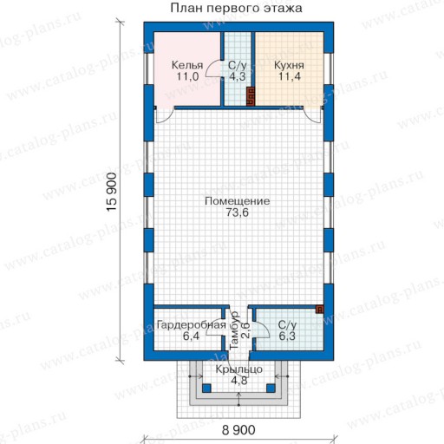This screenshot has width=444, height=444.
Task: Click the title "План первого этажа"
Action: click(x=236, y=8)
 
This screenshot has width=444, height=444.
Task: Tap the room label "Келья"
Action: click(x=187, y=65)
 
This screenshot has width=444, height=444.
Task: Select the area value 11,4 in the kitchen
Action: click(x=290, y=76)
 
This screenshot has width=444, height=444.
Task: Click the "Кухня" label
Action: click(x=289, y=65)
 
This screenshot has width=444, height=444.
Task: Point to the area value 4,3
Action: click(x=238, y=76)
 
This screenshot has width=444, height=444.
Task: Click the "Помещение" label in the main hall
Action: click(x=238, y=201)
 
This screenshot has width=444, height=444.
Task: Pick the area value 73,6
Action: click(x=238, y=212)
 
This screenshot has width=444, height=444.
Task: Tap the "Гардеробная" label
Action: click(x=191, y=325)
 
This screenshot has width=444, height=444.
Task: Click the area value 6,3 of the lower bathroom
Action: click(x=287, y=336)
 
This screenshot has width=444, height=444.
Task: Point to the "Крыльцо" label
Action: click(x=239, y=369)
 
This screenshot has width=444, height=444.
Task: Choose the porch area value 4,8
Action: click(x=239, y=381)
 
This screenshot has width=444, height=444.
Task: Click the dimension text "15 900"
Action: click(x=112, y=193)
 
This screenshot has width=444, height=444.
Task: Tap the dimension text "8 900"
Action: click(x=238, y=430)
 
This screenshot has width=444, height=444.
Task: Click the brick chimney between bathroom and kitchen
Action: click(x=251, y=96)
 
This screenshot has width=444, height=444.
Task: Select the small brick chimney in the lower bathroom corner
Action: click(x=319, y=310)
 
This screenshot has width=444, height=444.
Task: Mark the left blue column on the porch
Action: click(x=206, y=388)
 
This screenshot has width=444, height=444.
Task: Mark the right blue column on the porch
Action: click(x=271, y=388)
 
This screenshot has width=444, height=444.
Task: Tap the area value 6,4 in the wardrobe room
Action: click(x=191, y=336)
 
